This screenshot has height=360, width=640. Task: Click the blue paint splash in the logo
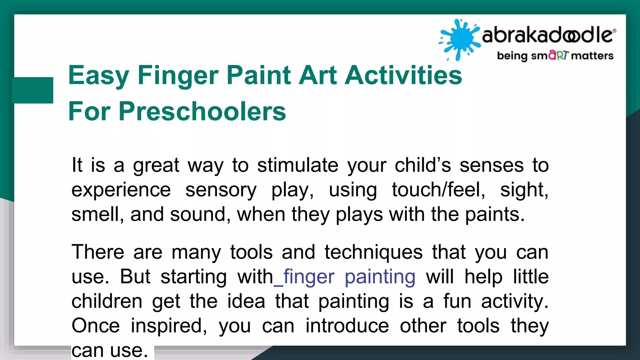(459, 39)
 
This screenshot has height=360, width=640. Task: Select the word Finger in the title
(178, 76)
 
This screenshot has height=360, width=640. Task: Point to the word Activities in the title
(403, 76)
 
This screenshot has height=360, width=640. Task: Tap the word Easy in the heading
(98, 76)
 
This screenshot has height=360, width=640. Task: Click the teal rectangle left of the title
(32, 90)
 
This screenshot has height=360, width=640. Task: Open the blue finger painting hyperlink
(349, 277)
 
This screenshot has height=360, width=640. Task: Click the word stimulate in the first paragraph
(297, 165)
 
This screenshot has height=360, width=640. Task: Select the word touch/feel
(438, 190)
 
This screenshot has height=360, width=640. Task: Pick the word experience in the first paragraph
(121, 190)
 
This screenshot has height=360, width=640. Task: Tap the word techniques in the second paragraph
(373, 252)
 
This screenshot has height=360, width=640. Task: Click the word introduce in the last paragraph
(347, 326)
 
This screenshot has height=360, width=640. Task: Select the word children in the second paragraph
(107, 301)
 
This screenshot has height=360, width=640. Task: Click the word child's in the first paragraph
(422, 165)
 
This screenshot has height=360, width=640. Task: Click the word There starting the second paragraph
(98, 252)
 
